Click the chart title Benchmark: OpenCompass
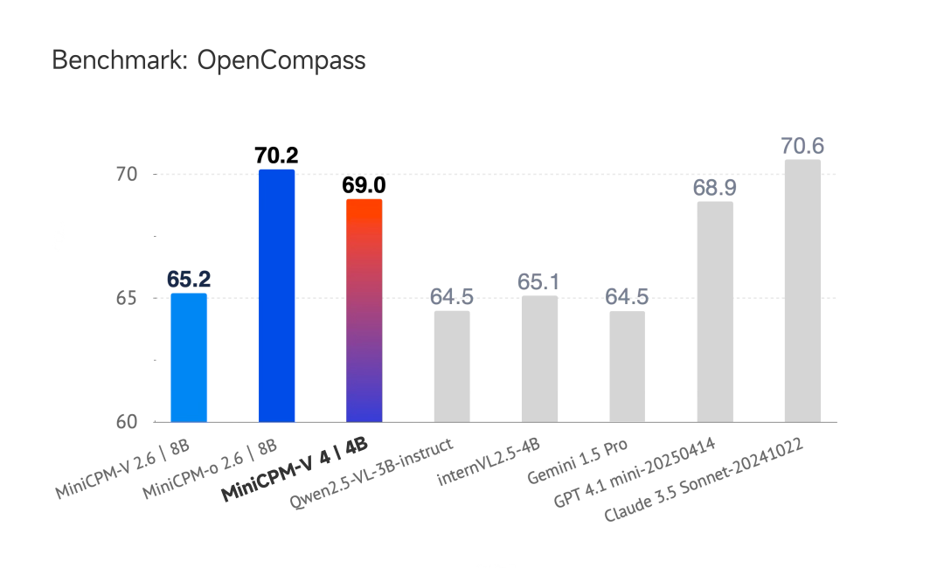[209, 60]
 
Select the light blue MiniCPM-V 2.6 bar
[189, 358]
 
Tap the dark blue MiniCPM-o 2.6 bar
[277, 296]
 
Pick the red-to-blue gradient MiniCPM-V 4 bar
[364, 311]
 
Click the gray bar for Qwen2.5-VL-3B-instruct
[452, 367]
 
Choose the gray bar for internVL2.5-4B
[539, 359]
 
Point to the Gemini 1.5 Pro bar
[627, 367]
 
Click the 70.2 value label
[277, 156]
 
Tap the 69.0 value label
[364, 185]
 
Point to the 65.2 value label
[189, 280]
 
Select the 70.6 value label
[802, 146]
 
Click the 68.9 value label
[715, 188]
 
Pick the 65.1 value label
[539, 282]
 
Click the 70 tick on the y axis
[128, 175]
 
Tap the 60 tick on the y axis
[128, 422]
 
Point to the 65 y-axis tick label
[128, 298]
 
